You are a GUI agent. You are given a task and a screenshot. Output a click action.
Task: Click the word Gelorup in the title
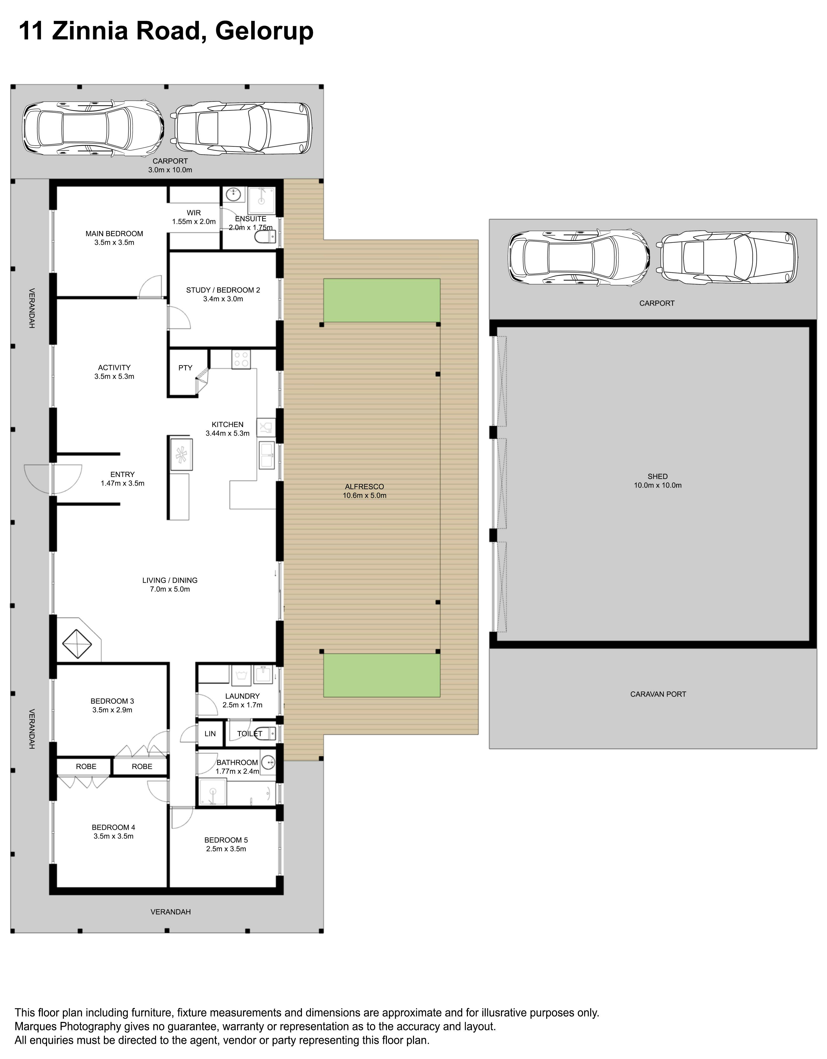click(x=264, y=32)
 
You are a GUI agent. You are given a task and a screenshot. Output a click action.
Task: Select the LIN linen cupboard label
click(x=210, y=734)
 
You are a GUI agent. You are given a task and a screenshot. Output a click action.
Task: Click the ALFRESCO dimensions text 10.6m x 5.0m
click(x=365, y=496)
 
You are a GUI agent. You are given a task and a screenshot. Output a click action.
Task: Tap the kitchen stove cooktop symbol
click(x=241, y=359)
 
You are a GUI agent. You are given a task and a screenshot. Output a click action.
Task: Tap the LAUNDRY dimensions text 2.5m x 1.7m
click(x=242, y=705)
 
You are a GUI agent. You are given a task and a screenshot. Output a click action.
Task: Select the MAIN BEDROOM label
click(x=114, y=234)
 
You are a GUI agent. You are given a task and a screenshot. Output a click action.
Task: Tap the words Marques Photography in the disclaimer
click(x=68, y=1026)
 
